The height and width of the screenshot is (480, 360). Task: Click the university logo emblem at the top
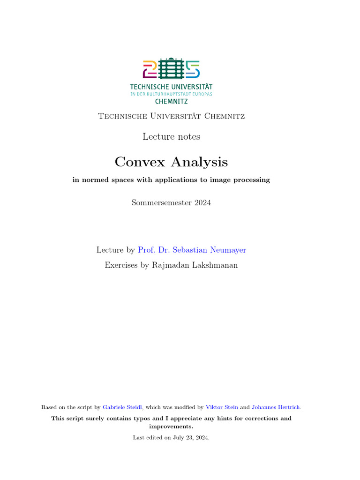(x=171, y=69)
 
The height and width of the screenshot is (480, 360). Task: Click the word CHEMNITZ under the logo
(x=171, y=101)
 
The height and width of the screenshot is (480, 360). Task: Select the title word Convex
(x=140, y=162)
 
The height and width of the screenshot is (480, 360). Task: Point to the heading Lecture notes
(x=171, y=136)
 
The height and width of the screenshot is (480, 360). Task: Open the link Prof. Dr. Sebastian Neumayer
(x=192, y=250)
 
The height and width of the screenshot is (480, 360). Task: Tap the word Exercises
(x=121, y=265)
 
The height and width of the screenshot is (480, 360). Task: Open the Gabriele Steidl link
(x=122, y=407)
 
